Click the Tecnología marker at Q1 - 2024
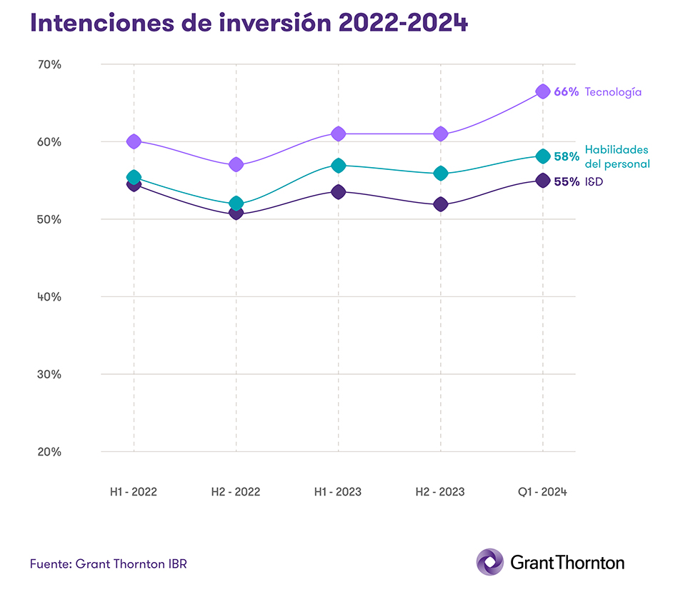click(x=542, y=91)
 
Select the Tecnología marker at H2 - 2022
click(x=236, y=164)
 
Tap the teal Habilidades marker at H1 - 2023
click(x=338, y=166)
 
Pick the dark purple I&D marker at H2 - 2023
click(x=440, y=204)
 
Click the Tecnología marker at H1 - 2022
click(x=134, y=141)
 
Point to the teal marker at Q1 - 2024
click(x=542, y=156)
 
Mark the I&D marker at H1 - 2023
click(x=338, y=191)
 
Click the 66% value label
click(x=566, y=92)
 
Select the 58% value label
click(x=566, y=157)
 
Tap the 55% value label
click(x=566, y=182)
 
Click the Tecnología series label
click(x=613, y=92)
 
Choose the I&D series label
click(x=594, y=182)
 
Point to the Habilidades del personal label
click(x=617, y=157)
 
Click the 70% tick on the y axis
click(x=49, y=64)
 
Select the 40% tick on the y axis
click(x=49, y=296)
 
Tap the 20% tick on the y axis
click(x=49, y=451)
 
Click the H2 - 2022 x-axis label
click(x=236, y=492)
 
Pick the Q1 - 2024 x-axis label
click(x=542, y=492)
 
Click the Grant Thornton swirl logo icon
click(x=490, y=562)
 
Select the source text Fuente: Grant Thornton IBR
click(x=109, y=563)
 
